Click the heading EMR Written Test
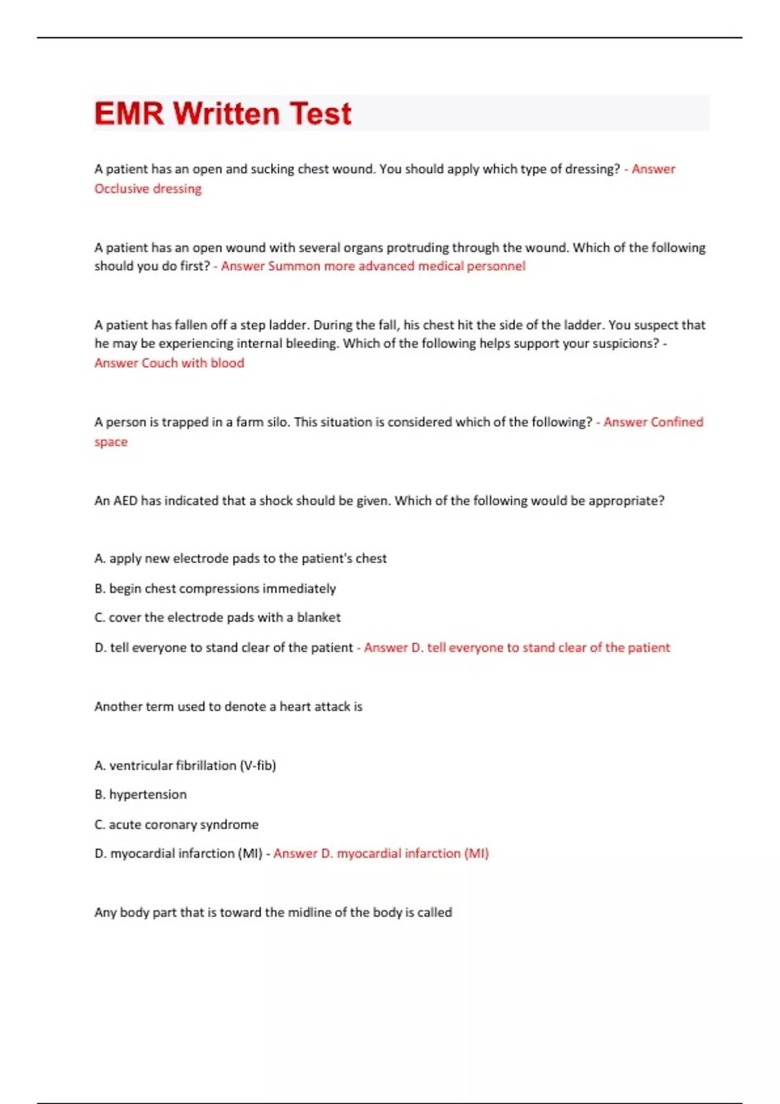click(222, 114)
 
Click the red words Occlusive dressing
click(148, 189)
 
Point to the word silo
click(277, 422)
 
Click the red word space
click(111, 442)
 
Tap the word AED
click(125, 501)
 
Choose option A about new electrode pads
click(240, 558)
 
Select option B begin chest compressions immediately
click(215, 588)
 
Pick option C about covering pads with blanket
click(217, 618)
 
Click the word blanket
click(318, 618)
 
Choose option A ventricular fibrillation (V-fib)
click(185, 766)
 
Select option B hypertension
click(140, 795)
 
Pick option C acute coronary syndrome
click(176, 825)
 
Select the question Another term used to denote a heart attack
click(228, 707)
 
